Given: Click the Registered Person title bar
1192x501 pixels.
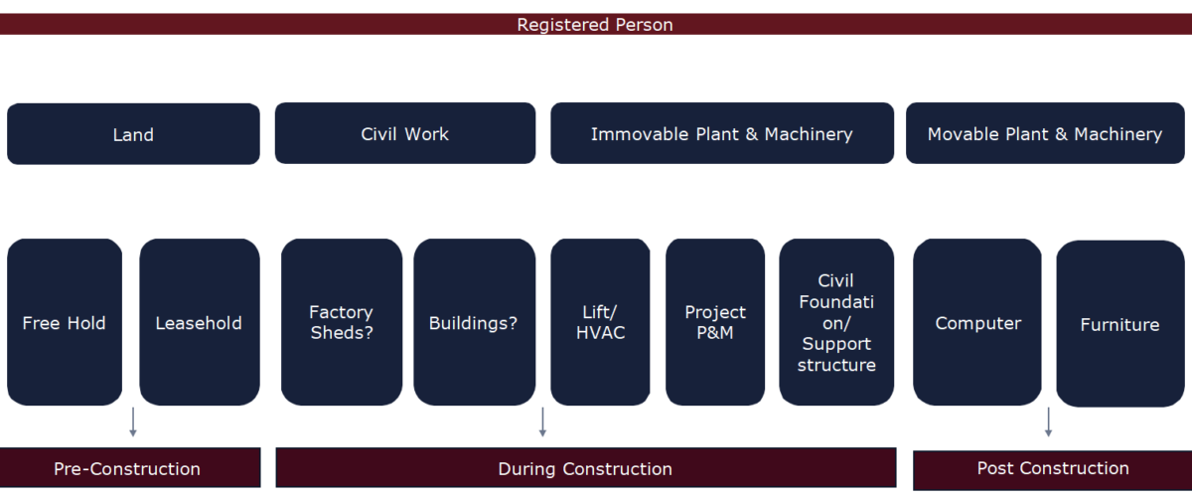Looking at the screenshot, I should pyautogui.click(x=595, y=24).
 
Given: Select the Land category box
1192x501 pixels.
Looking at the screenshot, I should pyautogui.click(x=133, y=134).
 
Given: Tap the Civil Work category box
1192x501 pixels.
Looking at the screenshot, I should pyautogui.click(x=405, y=133).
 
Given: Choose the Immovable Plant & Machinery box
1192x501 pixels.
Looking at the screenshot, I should pyautogui.click(x=722, y=133).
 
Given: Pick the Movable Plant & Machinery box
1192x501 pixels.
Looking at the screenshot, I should pyautogui.click(x=1045, y=133).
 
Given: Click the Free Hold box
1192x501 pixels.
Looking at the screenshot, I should pyautogui.click(x=65, y=322).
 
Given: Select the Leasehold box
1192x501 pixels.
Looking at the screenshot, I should pyautogui.click(x=199, y=322).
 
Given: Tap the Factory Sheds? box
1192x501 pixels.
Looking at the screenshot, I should pyautogui.click(x=341, y=322).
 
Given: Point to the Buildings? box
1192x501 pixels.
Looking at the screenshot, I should pyautogui.click(x=473, y=322).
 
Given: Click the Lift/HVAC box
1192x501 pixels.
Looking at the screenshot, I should pyautogui.click(x=601, y=322).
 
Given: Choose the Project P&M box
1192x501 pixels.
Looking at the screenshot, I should pyautogui.click(x=715, y=322).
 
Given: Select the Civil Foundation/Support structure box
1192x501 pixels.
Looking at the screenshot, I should pyautogui.click(x=836, y=322).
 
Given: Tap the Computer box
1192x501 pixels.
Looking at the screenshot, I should pyautogui.click(x=977, y=322).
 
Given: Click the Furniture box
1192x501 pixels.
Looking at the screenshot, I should pyautogui.click(x=1119, y=324).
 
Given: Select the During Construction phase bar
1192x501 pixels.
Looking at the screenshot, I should pyautogui.click(x=585, y=468).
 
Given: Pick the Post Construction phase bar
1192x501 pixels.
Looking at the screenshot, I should pyautogui.click(x=1052, y=469).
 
